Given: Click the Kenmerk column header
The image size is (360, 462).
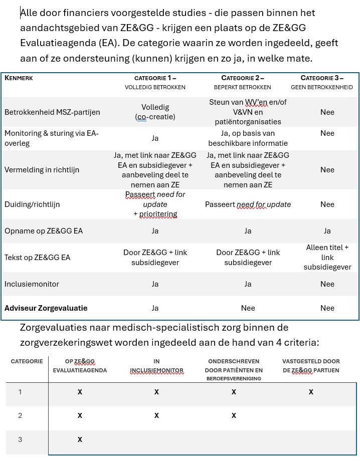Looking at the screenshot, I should point(19,78).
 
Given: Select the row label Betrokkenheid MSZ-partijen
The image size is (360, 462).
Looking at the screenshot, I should point(52,112).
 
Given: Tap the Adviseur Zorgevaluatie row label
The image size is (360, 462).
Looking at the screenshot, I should point(46,308).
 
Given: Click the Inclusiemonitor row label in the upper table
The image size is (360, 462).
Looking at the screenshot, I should point(32,284).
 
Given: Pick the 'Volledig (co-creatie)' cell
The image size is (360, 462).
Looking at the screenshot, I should point(155,112).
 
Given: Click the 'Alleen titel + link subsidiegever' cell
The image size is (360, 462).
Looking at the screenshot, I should point(327,257).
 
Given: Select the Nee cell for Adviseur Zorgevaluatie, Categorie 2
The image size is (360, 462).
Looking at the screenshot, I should point(248,308).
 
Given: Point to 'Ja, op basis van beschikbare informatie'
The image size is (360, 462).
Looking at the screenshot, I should point(248,138).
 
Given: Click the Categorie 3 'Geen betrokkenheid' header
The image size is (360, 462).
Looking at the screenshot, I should point(322,82).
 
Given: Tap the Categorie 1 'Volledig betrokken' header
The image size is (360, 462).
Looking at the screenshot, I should point(155,82).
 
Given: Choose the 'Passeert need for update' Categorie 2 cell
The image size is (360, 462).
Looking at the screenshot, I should point(248,204).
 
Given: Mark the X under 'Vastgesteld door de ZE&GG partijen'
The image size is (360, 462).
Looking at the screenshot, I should point(311,392).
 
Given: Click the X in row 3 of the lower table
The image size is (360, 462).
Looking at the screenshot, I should point(80,439).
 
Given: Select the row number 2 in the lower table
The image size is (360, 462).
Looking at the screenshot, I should point(20,415).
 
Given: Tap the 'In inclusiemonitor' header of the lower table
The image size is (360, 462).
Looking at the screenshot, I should point(156,366).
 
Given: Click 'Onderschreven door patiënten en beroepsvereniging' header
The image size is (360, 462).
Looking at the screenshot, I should point(234,369).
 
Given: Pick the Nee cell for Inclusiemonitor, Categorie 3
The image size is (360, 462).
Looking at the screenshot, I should point(327,284).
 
